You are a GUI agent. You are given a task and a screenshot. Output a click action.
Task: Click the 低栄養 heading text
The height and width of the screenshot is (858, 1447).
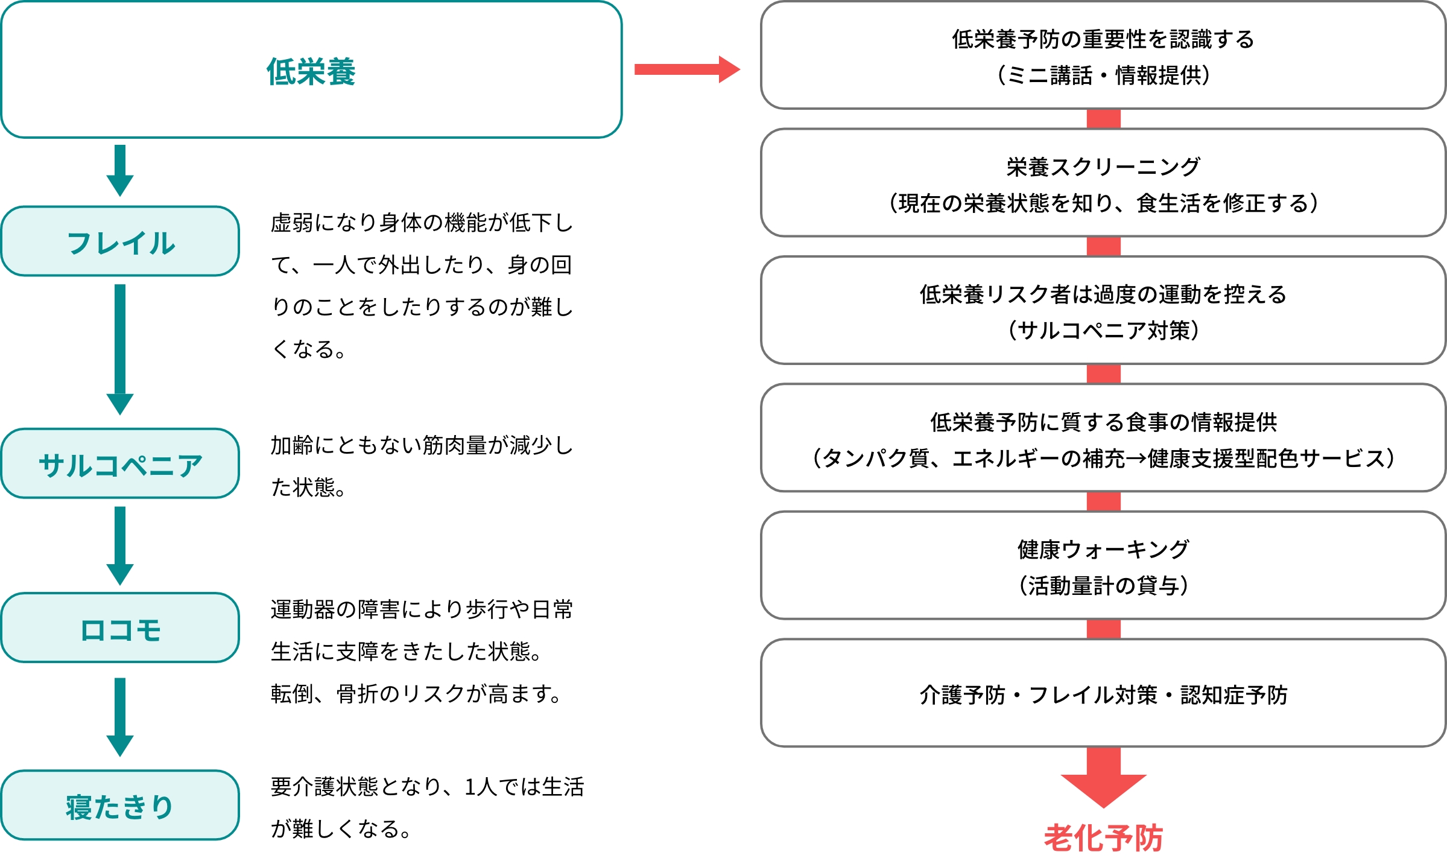pos(311,72)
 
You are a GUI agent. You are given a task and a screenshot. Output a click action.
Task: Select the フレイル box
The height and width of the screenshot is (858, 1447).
pos(120,241)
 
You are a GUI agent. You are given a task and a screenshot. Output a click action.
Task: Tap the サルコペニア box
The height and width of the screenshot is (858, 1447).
pos(120,463)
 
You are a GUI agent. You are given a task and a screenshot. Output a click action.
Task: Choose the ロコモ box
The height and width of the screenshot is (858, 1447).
pos(120,628)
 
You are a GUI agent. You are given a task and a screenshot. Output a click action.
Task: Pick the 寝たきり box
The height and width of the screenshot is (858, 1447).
pos(120,805)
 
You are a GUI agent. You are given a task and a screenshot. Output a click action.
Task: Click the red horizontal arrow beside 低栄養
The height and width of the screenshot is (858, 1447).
pos(687,69)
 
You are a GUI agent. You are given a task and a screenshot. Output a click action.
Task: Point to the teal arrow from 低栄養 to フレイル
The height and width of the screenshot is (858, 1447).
pos(120,171)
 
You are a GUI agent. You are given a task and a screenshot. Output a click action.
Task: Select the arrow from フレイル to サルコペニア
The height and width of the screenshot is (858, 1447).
pos(120,349)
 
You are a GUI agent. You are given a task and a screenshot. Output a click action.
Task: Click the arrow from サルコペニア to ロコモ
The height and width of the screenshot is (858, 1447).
pos(120,545)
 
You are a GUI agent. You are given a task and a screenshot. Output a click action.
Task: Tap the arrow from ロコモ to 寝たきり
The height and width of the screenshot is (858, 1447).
pos(120,717)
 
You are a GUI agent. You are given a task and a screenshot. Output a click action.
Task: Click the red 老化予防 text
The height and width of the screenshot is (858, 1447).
pos(1103,838)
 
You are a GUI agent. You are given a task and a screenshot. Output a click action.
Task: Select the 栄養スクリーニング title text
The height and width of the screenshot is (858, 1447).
pos(1103,167)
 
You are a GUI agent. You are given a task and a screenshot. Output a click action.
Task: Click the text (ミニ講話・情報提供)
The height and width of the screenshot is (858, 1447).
pos(1103,75)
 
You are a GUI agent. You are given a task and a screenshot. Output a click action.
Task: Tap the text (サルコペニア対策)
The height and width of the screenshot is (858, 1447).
pos(1103,331)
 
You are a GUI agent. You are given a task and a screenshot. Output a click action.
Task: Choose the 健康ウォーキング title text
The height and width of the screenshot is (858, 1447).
pos(1103,549)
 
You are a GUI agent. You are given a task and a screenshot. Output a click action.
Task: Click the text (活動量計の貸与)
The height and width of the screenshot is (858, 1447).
pos(1103,585)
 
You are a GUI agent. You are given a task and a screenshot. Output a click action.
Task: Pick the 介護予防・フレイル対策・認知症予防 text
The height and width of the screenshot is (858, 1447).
pos(1103,695)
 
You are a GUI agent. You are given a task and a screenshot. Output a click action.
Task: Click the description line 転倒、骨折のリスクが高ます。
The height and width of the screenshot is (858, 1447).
pos(416,694)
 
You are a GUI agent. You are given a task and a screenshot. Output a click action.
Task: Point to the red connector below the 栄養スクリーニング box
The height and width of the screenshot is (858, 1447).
pos(1103,247)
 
